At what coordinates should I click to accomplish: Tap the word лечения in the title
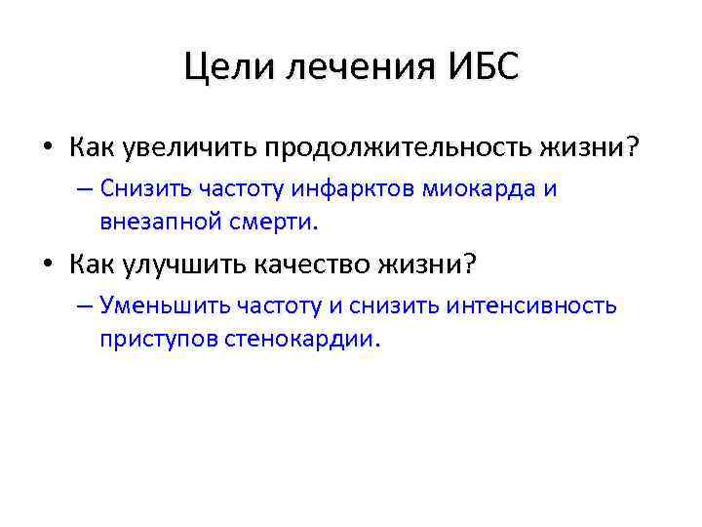pyautogui.click(x=348, y=68)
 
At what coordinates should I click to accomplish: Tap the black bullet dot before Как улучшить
pyautogui.click(x=49, y=263)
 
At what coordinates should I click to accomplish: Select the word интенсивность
pyautogui.click(x=531, y=305)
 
